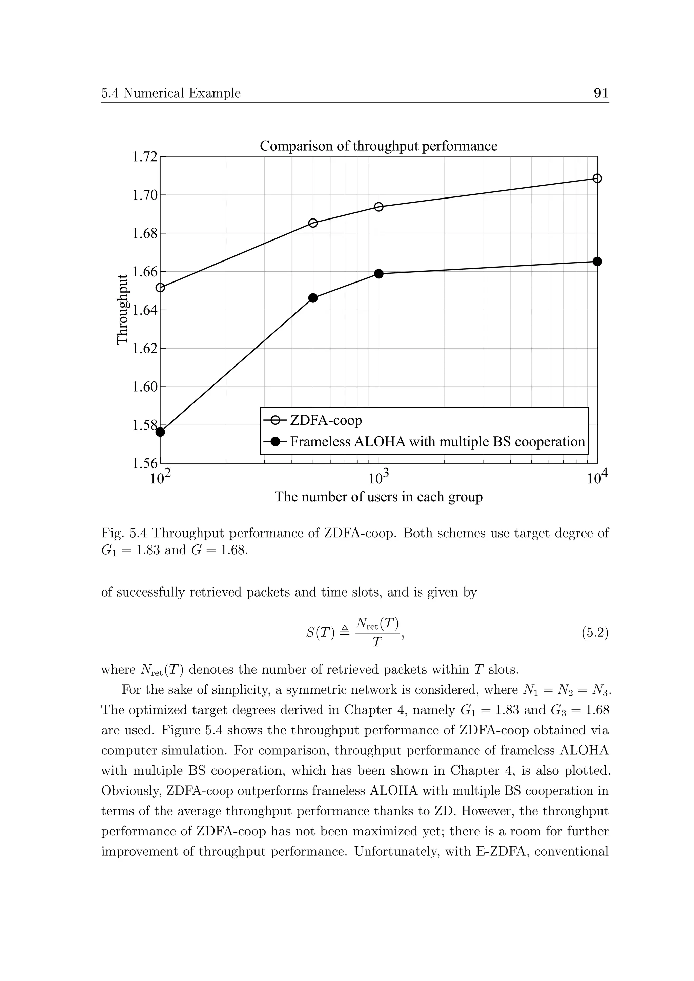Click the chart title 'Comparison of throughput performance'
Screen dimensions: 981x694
(378, 146)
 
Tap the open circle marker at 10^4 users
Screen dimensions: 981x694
(597, 178)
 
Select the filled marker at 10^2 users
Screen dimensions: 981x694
(160, 432)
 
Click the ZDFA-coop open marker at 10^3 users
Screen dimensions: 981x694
(379, 207)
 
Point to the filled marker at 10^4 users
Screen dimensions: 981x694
(597, 261)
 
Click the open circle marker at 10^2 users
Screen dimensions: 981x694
(160, 288)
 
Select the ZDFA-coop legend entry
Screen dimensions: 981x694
(326, 420)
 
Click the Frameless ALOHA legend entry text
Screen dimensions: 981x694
(437, 441)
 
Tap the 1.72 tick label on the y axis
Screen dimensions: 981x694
(144, 157)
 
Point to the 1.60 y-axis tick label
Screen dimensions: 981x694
(144, 387)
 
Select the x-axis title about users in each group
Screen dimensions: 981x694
(378, 497)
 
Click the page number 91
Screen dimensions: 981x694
(601, 93)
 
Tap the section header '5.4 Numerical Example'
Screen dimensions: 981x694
(171, 93)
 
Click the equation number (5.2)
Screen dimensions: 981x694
(594, 632)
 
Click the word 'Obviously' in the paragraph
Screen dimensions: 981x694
(130, 791)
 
